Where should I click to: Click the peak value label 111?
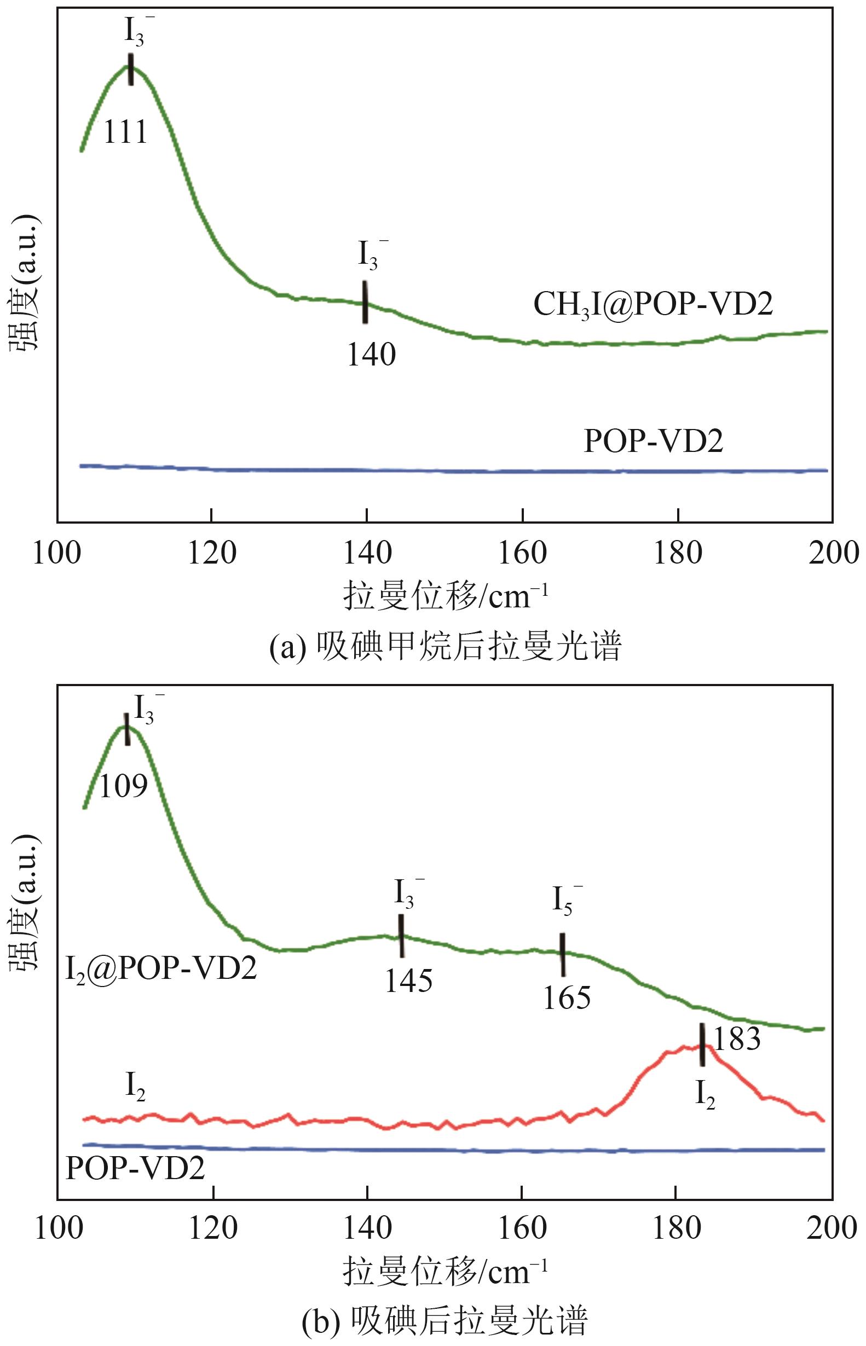(x=125, y=132)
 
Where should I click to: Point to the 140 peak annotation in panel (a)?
(x=371, y=355)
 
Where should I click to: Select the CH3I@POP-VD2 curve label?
(x=653, y=305)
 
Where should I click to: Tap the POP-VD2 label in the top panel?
(x=654, y=440)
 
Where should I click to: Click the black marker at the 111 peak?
(x=131, y=69)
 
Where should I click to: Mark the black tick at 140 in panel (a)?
(x=365, y=302)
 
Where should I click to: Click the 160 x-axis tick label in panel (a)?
(x=522, y=553)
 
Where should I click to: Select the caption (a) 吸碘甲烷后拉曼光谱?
(x=445, y=647)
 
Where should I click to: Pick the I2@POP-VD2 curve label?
(x=161, y=968)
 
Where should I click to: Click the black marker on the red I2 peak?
(x=702, y=1044)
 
